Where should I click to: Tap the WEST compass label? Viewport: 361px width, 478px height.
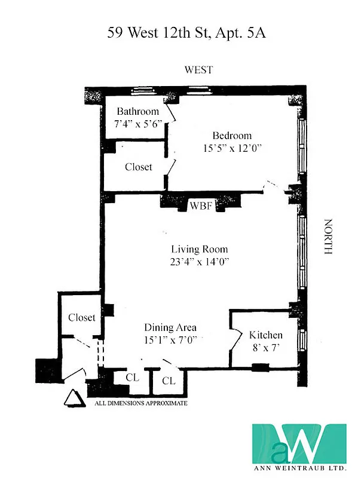(x=198, y=71)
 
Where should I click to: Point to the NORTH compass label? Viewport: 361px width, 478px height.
(x=327, y=237)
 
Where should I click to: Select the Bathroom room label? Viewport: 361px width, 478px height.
(x=138, y=111)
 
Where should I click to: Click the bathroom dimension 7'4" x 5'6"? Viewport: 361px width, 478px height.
(x=138, y=123)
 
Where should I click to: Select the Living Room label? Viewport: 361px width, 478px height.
(x=199, y=249)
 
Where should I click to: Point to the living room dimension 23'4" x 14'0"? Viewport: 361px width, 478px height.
(x=199, y=262)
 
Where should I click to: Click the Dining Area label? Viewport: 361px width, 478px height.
(x=170, y=327)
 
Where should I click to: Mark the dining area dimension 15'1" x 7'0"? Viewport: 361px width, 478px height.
(x=170, y=339)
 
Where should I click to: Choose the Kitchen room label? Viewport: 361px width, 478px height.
(x=265, y=335)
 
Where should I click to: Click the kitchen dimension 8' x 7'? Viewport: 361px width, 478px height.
(x=265, y=347)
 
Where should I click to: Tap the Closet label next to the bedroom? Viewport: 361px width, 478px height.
(x=138, y=167)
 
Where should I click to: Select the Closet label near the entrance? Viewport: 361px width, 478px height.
(x=81, y=318)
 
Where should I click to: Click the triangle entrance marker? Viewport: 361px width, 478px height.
(x=72, y=398)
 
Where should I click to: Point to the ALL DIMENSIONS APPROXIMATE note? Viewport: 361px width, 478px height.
(x=141, y=404)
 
